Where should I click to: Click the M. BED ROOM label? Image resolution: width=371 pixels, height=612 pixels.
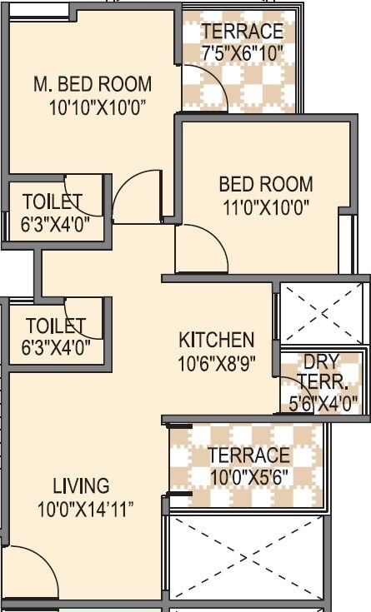pos(93,84)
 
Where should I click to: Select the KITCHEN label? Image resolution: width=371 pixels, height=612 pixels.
pos(216,340)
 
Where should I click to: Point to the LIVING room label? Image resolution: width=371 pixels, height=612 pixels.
pos(81,485)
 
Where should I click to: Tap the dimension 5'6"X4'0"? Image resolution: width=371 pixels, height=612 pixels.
pos(323,406)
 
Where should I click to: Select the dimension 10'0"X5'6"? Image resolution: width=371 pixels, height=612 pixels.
pos(248,478)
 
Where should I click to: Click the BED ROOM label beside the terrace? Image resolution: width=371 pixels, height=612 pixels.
pos(266,184)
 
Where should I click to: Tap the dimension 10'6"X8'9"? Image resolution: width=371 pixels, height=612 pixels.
pos(216,362)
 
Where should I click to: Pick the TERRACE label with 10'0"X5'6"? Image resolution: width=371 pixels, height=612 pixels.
pos(248,455)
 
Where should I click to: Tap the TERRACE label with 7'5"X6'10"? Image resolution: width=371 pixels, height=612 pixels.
pos(243,32)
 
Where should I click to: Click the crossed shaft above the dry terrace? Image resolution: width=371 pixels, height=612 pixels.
pos(323,313)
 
